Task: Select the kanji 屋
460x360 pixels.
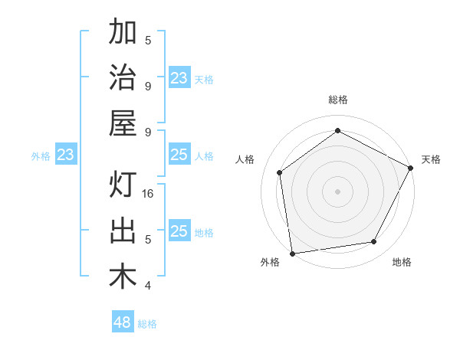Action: click(123, 123)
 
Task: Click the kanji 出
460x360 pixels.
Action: click(123, 231)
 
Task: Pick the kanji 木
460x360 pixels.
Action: click(123, 277)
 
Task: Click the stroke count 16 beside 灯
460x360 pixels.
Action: click(149, 194)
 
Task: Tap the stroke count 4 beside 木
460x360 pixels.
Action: click(148, 286)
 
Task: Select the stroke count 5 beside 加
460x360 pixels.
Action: click(148, 40)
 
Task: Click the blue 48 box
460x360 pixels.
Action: click(123, 322)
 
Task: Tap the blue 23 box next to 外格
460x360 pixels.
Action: click(66, 155)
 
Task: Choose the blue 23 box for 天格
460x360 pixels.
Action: click(179, 77)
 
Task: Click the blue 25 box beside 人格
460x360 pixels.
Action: click(179, 155)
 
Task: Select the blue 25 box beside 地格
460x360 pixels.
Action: click(179, 231)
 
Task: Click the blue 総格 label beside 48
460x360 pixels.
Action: click(147, 324)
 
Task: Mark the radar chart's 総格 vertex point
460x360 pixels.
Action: click(337, 130)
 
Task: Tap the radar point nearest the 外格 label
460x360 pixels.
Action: click(292, 253)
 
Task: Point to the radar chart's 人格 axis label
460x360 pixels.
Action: click(245, 159)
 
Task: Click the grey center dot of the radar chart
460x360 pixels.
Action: click(337, 191)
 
